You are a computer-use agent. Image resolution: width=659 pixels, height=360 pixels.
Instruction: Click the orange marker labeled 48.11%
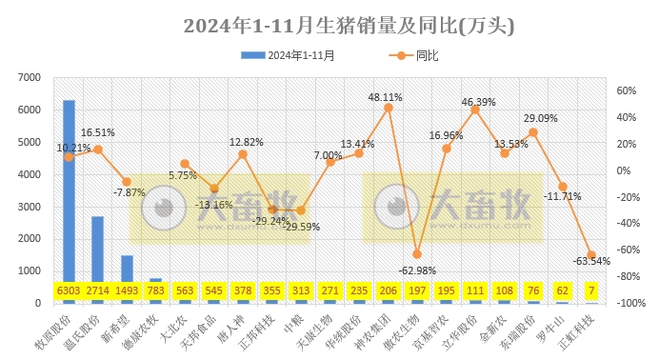pyautogui.click(x=388, y=108)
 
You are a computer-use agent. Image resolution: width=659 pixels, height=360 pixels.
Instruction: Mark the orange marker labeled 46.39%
pyautogui.click(x=475, y=110)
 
